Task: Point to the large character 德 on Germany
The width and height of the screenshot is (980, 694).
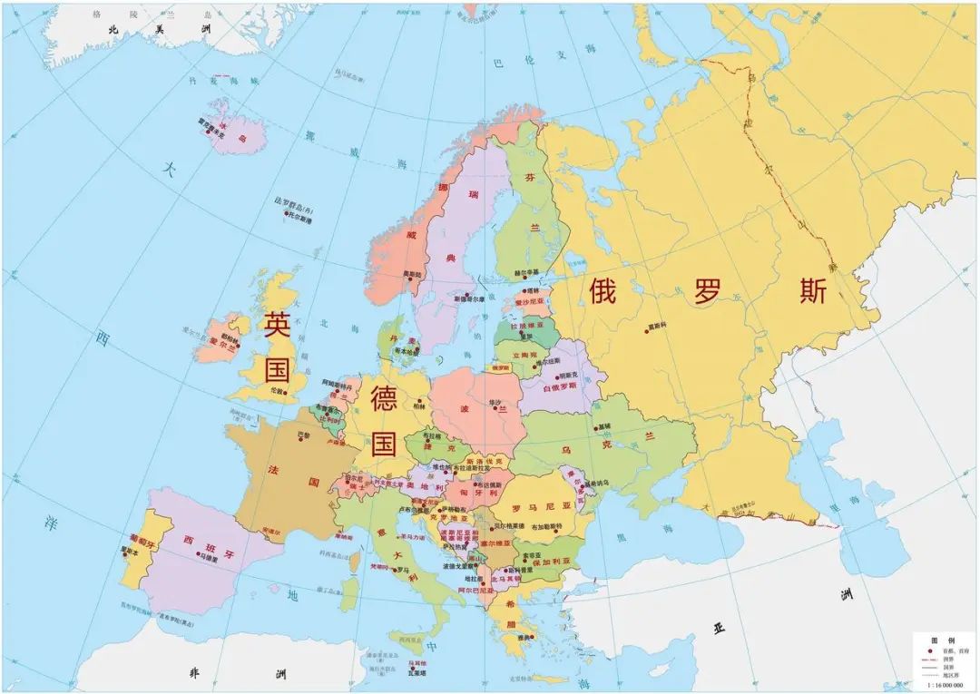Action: pyautogui.click(x=385, y=400)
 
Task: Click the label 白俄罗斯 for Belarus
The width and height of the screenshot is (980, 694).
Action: pyautogui.click(x=557, y=387)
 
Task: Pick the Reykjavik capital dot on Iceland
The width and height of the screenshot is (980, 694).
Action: pyautogui.click(x=210, y=132)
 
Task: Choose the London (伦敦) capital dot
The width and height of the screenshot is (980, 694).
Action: pyautogui.click(x=283, y=393)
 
